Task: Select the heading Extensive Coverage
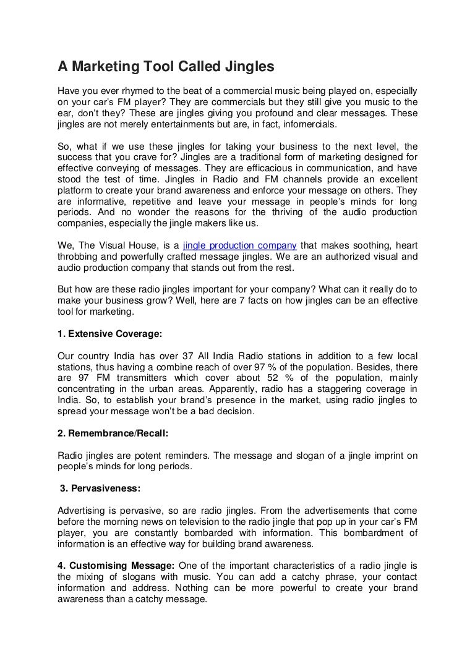coord(109,334)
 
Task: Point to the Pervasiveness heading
coord(100,488)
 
